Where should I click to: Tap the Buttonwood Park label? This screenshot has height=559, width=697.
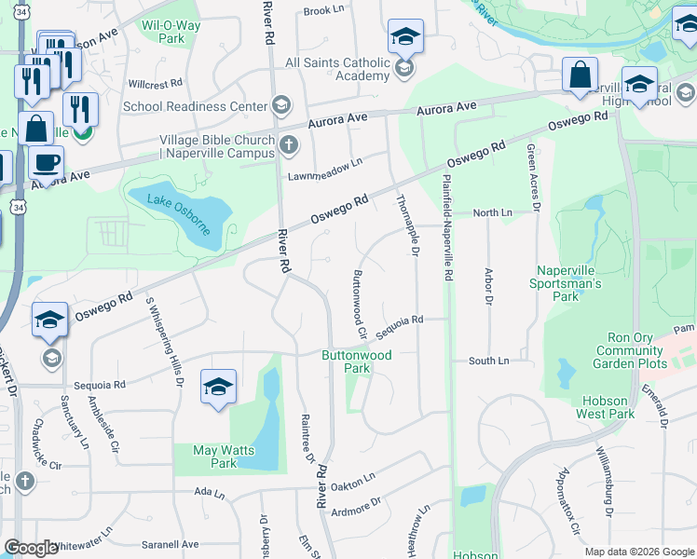(357, 361)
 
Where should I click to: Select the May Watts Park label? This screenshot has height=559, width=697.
(216, 457)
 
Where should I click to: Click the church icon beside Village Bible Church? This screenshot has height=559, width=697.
(289, 144)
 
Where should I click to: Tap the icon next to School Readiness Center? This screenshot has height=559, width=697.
(280, 105)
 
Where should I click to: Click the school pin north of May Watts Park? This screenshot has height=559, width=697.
(217, 388)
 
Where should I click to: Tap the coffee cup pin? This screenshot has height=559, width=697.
(46, 162)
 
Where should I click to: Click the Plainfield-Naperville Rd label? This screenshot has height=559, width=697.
(448, 229)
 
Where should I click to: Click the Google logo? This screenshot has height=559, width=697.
(31, 548)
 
